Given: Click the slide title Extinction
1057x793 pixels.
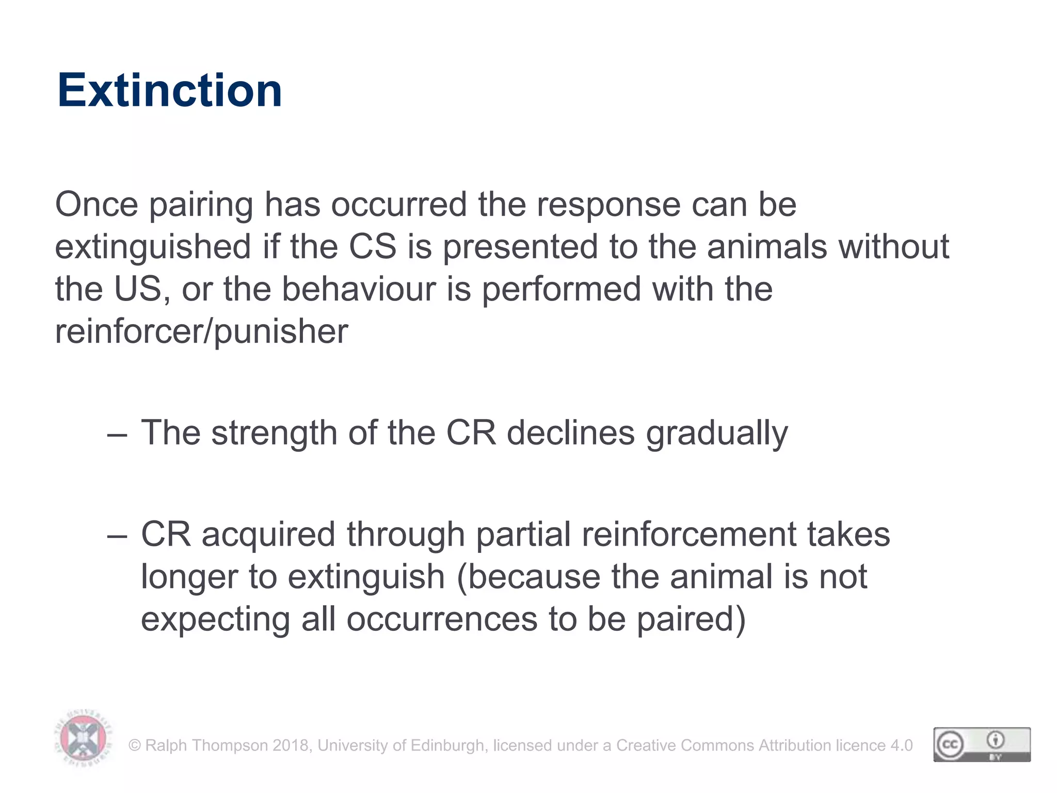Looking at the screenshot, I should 170,90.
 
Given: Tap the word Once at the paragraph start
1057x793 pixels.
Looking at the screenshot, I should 97,204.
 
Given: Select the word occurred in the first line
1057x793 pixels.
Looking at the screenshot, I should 399,204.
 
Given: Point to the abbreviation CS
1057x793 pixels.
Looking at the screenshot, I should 373,247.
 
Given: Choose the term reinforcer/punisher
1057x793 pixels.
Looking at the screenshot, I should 201,331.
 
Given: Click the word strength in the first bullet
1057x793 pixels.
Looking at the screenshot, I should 274,433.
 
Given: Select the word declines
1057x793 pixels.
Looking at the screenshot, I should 570,433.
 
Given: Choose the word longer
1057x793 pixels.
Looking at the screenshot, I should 189,577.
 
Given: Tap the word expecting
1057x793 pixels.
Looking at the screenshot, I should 215,620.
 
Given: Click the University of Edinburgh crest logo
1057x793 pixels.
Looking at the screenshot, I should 83,739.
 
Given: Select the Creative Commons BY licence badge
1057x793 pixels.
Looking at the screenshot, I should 982,744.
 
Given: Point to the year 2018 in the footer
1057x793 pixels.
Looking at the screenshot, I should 291,746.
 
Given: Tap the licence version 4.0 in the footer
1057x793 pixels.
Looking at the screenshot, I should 902,746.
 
